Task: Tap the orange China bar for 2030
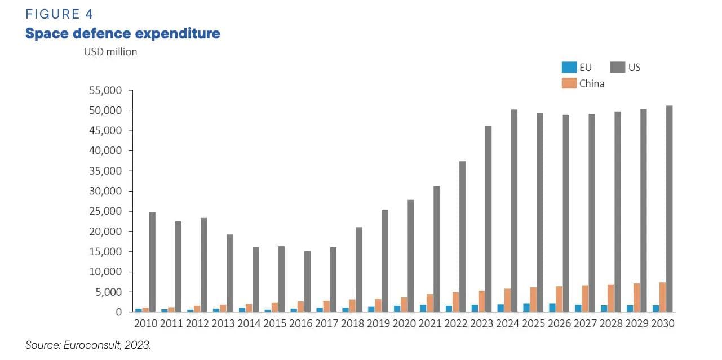click(663, 297)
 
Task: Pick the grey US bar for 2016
click(307, 281)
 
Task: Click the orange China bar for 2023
click(481, 301)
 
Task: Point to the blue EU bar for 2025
click(526, 308)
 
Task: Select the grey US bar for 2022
click(462, 236)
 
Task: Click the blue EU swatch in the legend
click(569, 68)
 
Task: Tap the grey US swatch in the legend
click(618, 68)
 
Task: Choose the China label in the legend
click(592, 83)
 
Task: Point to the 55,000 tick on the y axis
click(107, 90)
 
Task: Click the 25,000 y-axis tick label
click(107, 211)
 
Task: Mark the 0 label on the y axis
click(118, 312)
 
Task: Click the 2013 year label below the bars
click(223, 324)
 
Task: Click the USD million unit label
click(110, 52)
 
